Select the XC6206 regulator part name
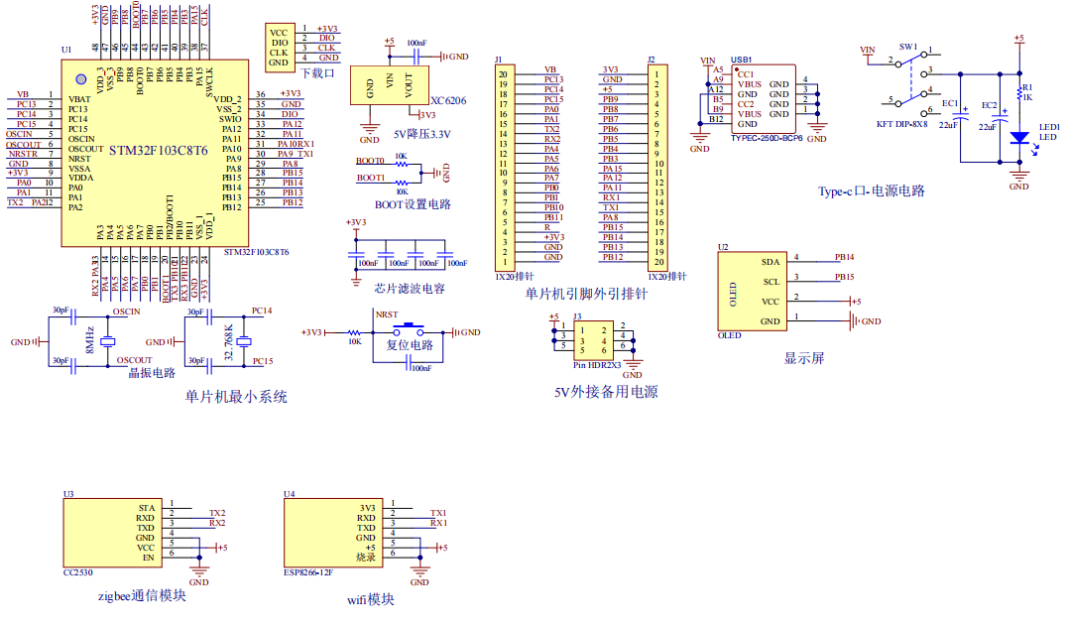448,100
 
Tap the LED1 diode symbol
1018,138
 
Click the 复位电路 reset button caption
410,345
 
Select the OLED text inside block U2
733,293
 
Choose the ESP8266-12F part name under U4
307,572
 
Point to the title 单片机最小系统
236,396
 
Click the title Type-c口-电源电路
871,190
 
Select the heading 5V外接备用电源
606,392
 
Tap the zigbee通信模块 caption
142,596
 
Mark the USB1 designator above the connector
741,60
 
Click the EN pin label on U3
149,558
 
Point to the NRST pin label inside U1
80,159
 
